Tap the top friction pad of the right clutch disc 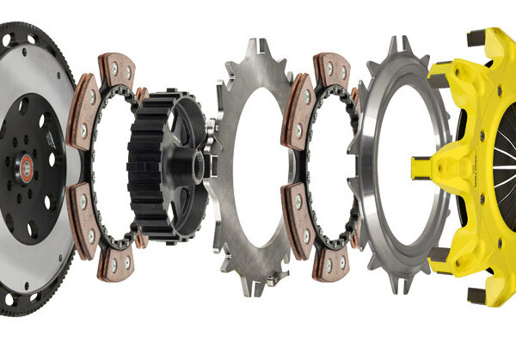click(332, 68)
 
